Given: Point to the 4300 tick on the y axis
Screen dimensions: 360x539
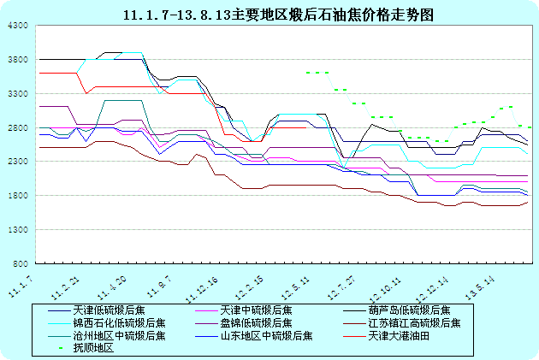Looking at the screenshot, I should point(20,27).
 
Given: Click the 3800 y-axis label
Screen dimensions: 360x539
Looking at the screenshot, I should point(20,61).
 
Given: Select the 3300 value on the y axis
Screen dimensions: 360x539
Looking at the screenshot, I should point(20,94).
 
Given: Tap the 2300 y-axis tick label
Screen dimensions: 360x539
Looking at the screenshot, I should point(20,162).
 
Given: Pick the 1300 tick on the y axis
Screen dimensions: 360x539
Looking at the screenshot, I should point(20,230).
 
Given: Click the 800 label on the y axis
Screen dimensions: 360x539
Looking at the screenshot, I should point(22,263).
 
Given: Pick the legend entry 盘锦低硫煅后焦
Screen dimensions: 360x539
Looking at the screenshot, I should point(255,323).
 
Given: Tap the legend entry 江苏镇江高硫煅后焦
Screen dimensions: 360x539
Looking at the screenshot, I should point(414,323).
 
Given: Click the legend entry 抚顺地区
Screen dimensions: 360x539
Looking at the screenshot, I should point(93,348).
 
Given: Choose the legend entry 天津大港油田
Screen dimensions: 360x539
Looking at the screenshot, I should point(398,336).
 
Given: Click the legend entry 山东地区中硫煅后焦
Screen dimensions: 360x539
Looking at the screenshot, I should point(266,336).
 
